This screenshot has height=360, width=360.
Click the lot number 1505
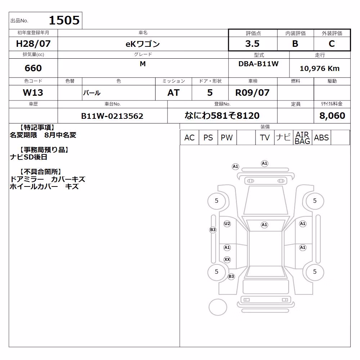64,20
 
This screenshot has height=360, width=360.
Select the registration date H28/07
33,44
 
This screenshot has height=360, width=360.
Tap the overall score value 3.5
252,44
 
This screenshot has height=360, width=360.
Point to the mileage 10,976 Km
320,68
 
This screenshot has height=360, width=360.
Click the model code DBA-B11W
258,64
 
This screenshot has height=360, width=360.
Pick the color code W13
33,93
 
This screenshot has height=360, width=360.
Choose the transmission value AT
174,93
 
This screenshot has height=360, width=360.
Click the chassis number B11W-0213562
112,116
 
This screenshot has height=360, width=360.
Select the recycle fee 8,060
332,116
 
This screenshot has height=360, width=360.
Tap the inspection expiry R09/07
252,93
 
